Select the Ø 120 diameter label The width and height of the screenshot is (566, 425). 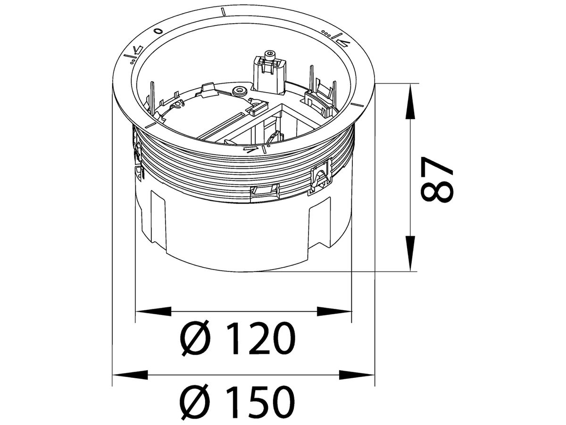pyautogui.click(x=238, y=339)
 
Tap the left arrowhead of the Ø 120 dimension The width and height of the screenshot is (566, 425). pyautogui.click(x=153, y=311)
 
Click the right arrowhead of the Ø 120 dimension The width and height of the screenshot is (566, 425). pyautogui.click(x=334, y=311)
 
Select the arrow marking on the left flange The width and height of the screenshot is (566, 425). pyautogui.click(x=137, y=50)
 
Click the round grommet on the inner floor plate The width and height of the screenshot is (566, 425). pyautogui.click(x=240, y=89)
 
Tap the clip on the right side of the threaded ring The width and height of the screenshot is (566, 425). pyautogui.click(x=320, y=178)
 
